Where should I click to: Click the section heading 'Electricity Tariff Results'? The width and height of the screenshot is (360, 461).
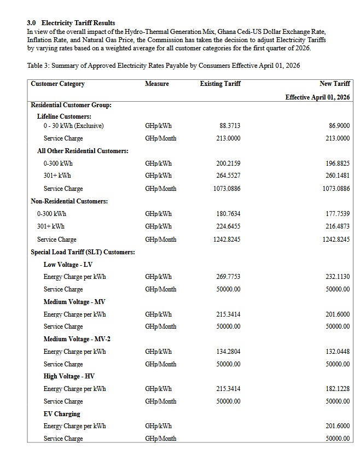(x=78, y=23)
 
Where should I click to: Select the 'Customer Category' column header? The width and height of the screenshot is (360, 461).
(x=57, y=84)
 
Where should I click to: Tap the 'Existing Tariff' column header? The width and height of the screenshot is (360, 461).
(x=220, y=84)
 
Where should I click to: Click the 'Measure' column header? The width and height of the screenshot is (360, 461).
(x=157, y=84)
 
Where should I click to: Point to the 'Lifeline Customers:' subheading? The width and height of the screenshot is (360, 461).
(x=64, y=116)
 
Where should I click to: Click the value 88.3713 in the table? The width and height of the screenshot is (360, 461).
(x=229, y=126)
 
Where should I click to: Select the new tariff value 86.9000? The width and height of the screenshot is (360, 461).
(x=339, y=126)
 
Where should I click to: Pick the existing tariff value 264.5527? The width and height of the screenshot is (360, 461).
(x=228, y=176)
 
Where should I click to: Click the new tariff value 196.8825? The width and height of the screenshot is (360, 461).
(x=338, y=164)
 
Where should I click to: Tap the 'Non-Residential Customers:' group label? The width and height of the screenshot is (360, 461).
(x=69, y=201)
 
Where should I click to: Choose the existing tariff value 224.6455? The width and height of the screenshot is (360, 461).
(x=228, y=226)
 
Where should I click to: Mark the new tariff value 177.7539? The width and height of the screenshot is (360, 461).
(x=338, y=214)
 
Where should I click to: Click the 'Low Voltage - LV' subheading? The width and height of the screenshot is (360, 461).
(x=68, y=265)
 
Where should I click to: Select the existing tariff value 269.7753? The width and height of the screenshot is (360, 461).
(x=228, y=277)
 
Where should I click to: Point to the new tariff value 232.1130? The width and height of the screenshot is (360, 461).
(x=338, y=277)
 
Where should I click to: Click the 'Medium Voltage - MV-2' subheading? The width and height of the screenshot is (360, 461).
(x=77, y=339)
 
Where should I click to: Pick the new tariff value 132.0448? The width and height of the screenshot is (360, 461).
(x=338, y=352)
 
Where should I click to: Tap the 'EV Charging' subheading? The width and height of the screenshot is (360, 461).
(x=62, y=414)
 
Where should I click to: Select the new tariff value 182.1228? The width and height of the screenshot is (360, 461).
(x=338, y=389)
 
